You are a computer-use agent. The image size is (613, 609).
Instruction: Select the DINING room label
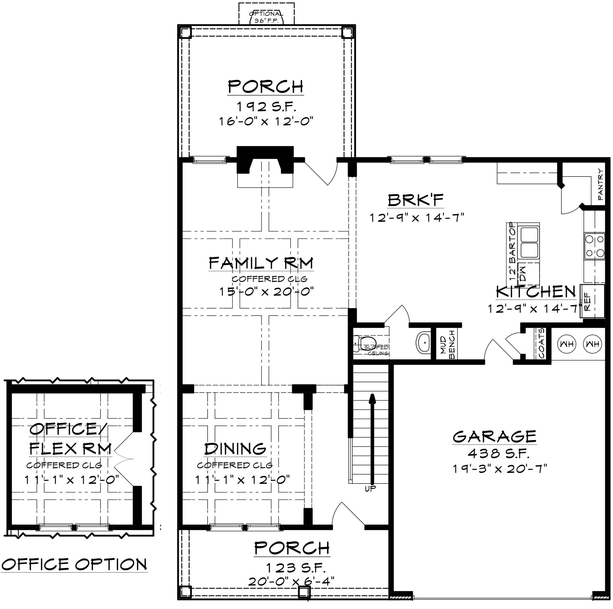tap(235, 449)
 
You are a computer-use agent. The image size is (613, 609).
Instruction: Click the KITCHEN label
tap(536, 291)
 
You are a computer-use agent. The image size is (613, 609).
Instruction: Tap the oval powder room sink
tap(423, 343)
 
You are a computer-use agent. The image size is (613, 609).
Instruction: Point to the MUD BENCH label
tap(447, 344)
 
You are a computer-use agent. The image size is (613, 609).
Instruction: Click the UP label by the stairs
tap(370, 489)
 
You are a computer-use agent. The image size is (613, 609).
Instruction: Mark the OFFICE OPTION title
tap(74, 564)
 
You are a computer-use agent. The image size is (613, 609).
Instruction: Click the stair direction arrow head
tap(372, 399)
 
